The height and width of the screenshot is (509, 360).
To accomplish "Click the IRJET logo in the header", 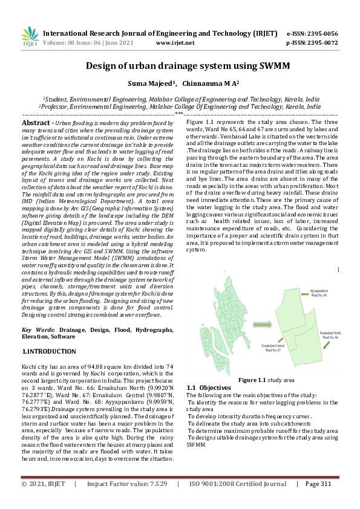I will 30,37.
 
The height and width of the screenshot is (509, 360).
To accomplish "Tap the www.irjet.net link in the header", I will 175,43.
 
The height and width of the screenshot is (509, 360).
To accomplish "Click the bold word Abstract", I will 36,123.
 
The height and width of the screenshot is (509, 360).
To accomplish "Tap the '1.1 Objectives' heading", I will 209,387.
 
